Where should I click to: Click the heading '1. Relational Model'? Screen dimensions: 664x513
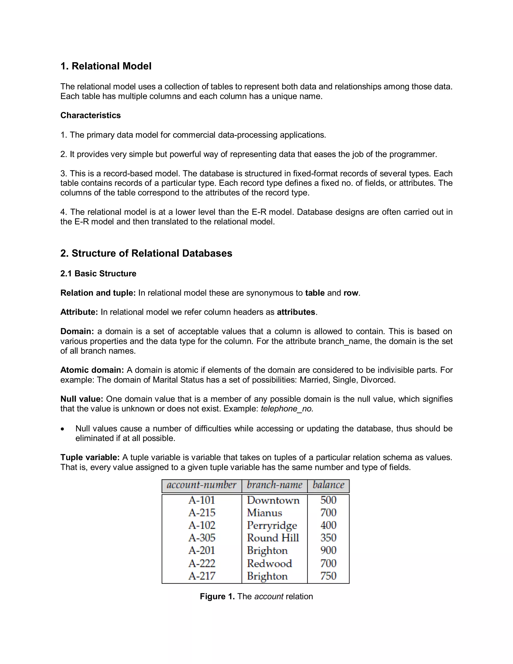[106, 66]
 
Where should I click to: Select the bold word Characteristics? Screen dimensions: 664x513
[91, 116]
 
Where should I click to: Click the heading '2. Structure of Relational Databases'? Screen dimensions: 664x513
[146, 253]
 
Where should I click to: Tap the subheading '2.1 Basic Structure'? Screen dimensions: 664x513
[98, 274]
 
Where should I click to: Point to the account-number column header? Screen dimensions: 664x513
[201, 485]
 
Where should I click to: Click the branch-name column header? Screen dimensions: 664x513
[275, 485]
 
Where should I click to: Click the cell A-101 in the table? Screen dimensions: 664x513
[201, 500]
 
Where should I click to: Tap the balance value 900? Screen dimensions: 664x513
[328, 550]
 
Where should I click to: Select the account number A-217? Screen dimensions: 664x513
[201, 576]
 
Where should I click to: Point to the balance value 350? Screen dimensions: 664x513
[328, 538]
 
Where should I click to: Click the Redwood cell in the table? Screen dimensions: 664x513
[269, 563]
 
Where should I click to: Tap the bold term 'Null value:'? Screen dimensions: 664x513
[82, 399]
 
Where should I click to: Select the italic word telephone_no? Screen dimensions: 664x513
[287, 409]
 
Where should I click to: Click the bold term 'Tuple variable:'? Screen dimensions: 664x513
[90, 457]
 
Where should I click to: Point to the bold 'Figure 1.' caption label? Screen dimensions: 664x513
[217, 597]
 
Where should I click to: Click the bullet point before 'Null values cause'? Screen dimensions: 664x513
[63, 429]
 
